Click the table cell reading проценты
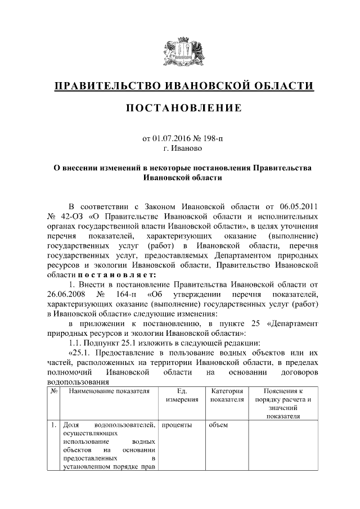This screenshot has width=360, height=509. tap(177, 425)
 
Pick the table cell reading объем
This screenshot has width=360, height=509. tap(218, 425)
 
